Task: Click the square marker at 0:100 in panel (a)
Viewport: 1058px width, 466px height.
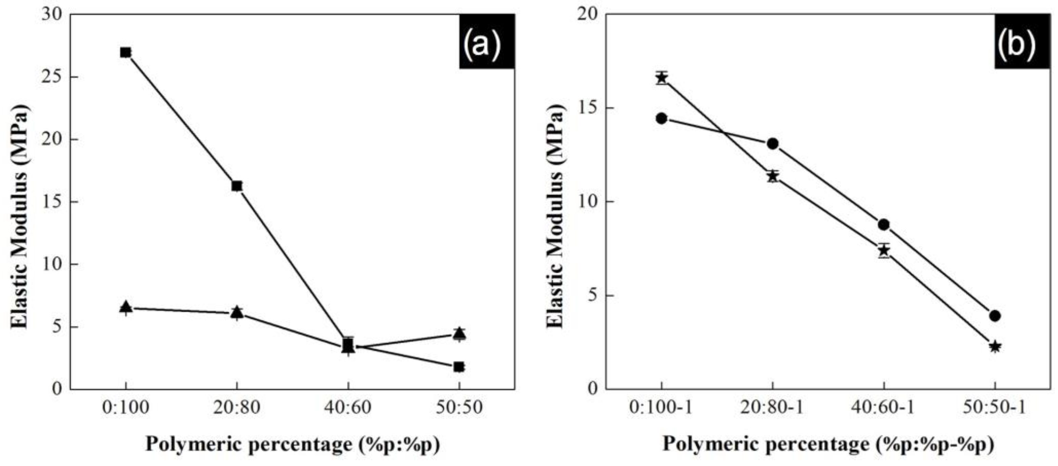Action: click(x=126, y=52)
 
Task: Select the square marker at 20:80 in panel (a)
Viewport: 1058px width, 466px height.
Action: click(x=237, y=186)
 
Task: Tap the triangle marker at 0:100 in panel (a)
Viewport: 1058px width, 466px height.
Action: click(x=126, y=307)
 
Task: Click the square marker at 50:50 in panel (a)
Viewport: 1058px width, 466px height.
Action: click(x=459, y=367)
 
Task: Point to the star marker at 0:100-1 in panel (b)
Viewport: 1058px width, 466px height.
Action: click(x=661, y=78)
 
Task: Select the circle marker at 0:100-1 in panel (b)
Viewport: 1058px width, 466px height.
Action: click(x=661, y=119)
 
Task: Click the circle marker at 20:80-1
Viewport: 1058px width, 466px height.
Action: click(x=772, y=144)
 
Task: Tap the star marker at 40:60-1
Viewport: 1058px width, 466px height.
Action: click(x=884, y=250)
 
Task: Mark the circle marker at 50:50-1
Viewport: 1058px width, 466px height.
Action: click(x=995, y=316)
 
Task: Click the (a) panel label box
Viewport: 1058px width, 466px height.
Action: click(x=487, y=41)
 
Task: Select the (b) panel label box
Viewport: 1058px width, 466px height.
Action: click(x=1022, y=41)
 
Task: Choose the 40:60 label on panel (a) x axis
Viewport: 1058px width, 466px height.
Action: click(x=348, y=408)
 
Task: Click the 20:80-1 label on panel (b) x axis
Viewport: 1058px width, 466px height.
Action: click(x=772, y=408)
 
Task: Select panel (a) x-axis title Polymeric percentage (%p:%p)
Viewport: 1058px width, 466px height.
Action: click(x=292, y=445)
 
